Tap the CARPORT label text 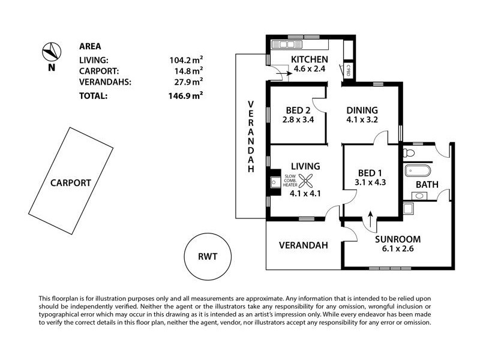click(70, 183)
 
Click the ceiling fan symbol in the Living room click(306, 179)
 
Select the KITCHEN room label click(309, 59)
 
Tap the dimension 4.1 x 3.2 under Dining click(362, 121)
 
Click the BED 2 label click(298, 110)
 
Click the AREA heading click(90, 46)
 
